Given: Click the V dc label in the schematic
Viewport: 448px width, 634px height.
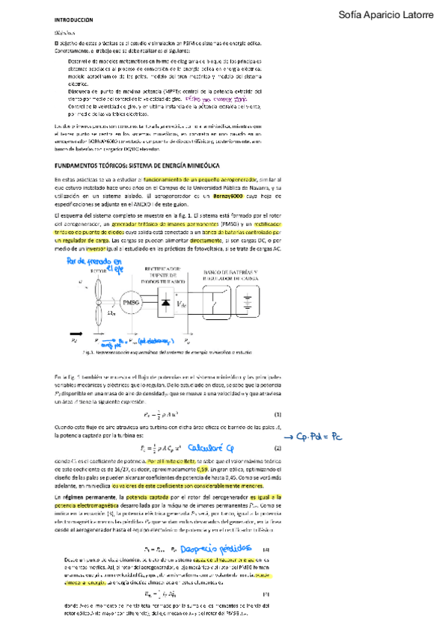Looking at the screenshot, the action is point(181,304).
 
